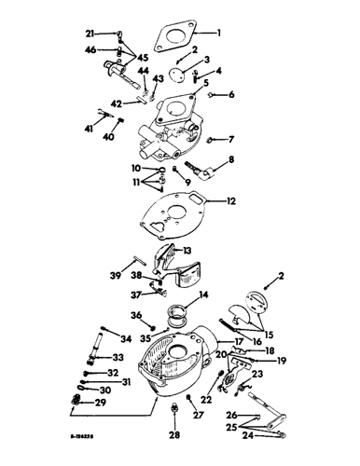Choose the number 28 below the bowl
tap(173, 434)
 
